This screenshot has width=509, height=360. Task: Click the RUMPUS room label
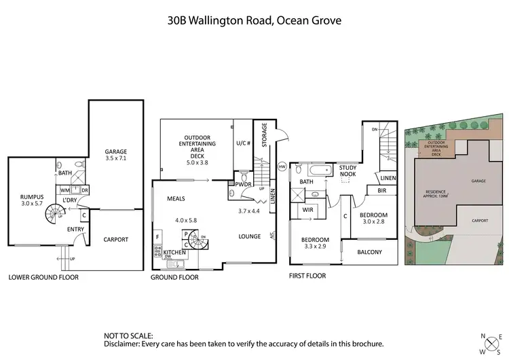coord(31,197)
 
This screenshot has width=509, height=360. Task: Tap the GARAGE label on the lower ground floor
coord(116,151)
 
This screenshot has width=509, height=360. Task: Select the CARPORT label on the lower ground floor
coord(116,240)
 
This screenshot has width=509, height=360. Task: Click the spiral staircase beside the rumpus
coord(54,217)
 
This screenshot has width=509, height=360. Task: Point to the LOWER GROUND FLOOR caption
coord(43,277)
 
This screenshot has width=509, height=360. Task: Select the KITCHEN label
coord(175,253)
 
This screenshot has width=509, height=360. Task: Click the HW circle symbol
coord(282,166)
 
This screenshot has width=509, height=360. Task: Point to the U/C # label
coord(244,144)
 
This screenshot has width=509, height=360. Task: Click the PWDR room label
coord(242,183)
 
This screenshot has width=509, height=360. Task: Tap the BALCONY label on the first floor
coord(369,253)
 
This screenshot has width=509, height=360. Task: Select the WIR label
coord(307,211)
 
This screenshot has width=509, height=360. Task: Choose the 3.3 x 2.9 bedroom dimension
coord(315,247)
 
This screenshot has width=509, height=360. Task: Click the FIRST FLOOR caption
coord(307,276)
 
